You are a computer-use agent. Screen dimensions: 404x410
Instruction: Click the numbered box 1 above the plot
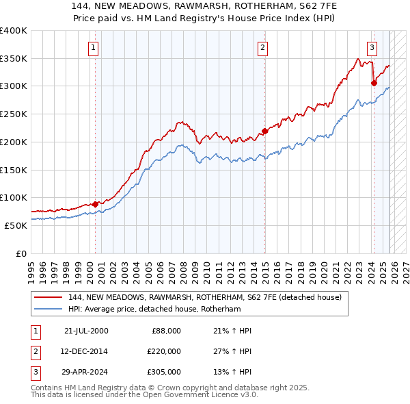coord(92,47)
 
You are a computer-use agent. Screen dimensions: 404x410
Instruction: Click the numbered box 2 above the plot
coord(262,47)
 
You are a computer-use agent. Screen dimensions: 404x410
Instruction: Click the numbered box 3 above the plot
coord(372,47)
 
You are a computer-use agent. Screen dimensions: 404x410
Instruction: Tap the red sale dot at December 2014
coord(264,131)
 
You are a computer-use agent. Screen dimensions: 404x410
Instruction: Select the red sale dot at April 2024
coord(374,84)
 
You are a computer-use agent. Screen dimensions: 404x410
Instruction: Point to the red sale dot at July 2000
coord(95,204)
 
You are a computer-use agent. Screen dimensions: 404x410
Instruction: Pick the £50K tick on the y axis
coord(16,225)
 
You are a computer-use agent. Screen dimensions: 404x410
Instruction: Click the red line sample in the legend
coord(49,298)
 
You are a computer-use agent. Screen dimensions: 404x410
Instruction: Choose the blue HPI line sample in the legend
coord(49,309)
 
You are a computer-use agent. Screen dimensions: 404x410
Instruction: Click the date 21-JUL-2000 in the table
coord(86,331)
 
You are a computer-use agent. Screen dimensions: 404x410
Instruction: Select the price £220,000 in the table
coord(163,351)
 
